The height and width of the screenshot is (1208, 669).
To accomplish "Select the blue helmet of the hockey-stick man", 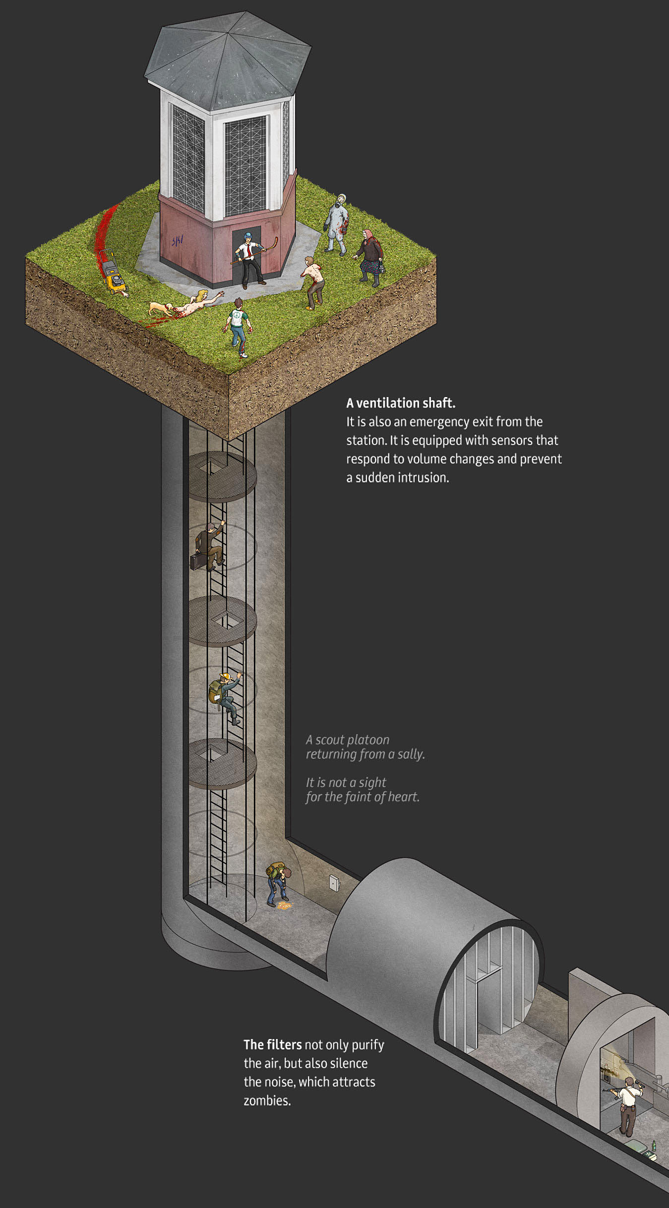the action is [x=248, y=235].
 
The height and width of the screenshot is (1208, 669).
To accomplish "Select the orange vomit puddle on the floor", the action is [x=284, y=906].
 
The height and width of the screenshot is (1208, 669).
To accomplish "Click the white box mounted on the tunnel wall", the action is [x=335, y=882].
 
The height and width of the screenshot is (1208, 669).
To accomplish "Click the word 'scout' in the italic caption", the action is [x=332, y=740].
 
